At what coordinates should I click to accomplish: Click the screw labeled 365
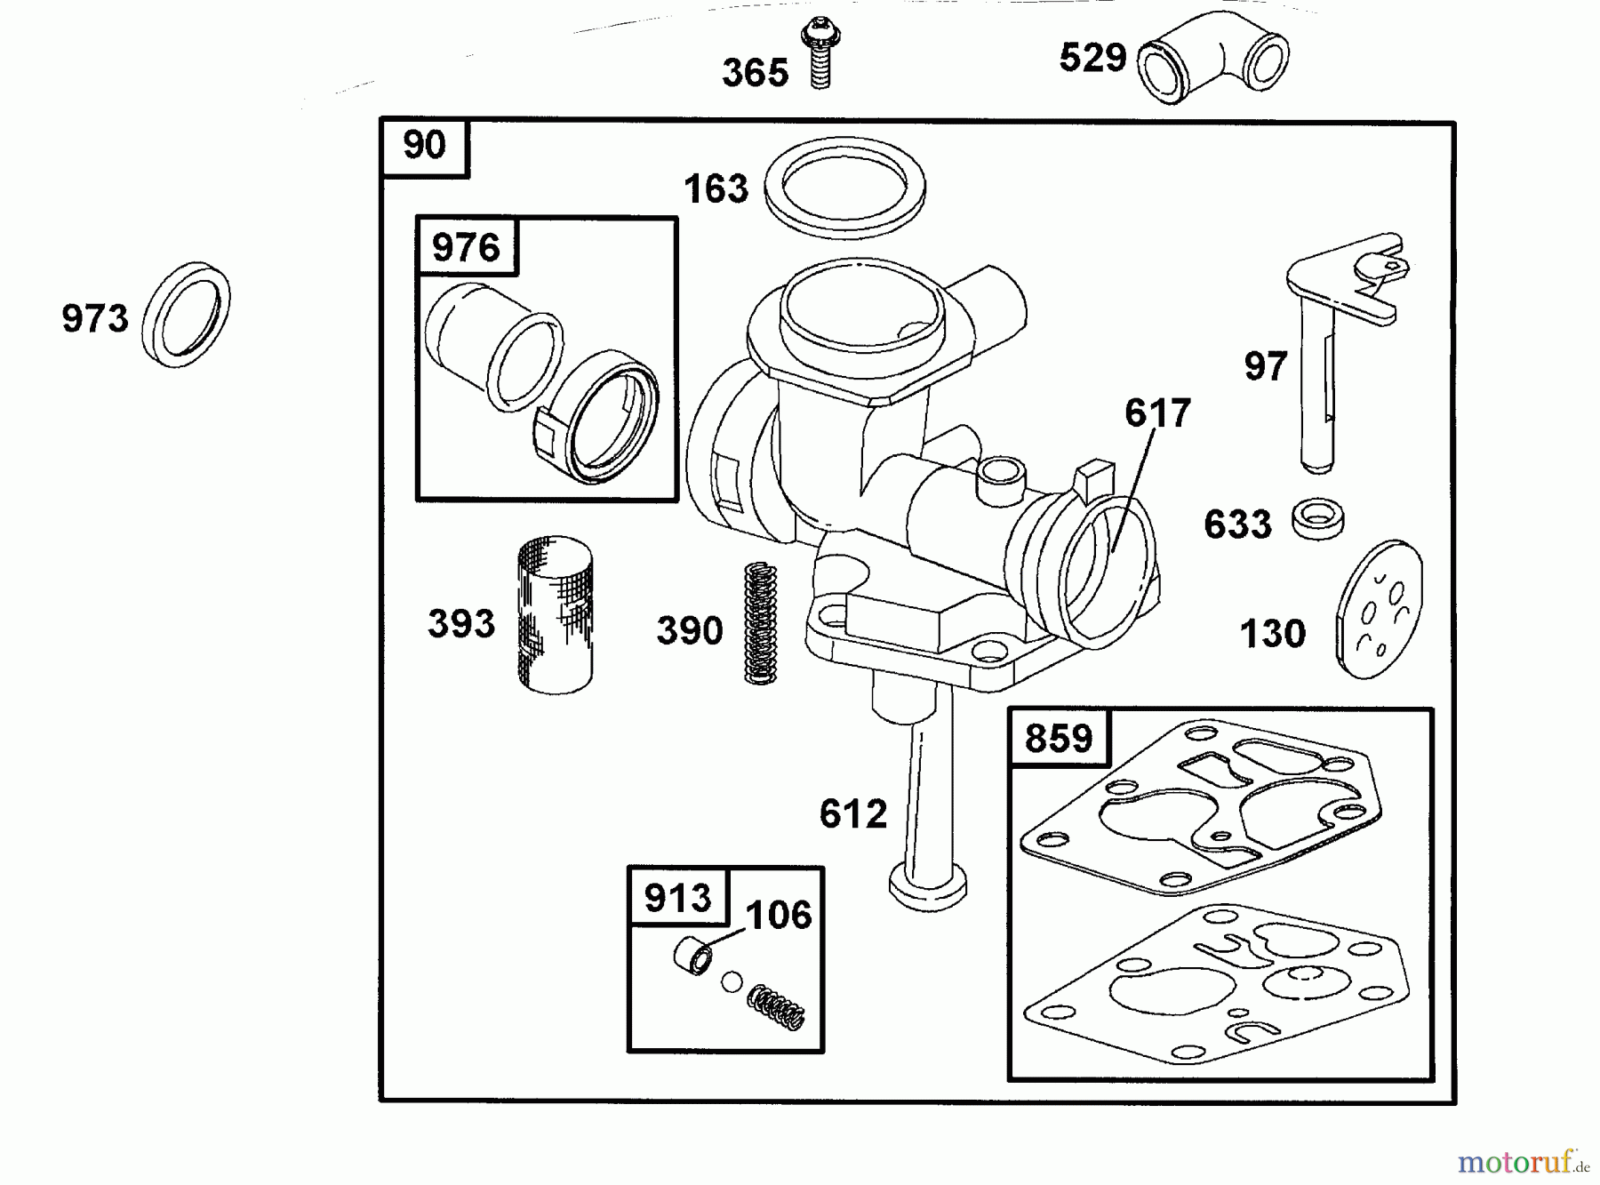(x=820, y=55)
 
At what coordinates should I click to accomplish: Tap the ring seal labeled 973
(x=186, y=315)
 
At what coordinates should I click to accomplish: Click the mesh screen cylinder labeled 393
(x=556, y=614)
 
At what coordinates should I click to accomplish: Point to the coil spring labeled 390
(x=760, y=622)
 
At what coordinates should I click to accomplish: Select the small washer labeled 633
(x=1317, y=518)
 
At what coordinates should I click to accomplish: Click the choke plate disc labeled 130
(x=1379, y=610)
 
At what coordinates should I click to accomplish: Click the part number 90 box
(x=424, y=145)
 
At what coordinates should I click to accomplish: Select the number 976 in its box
(x=466, y=246)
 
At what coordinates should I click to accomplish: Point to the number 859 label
(x=1059, y=738)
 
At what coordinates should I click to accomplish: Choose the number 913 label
(x=677, y=898)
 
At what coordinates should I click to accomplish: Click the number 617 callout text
(x=1157, y=413)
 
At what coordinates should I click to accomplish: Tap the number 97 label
(x=1266, y=366)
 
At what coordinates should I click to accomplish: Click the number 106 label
(x=779, y=915)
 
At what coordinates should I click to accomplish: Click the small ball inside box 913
(x=731, y=982)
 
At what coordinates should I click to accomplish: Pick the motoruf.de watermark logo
(x=1523, y=1161)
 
